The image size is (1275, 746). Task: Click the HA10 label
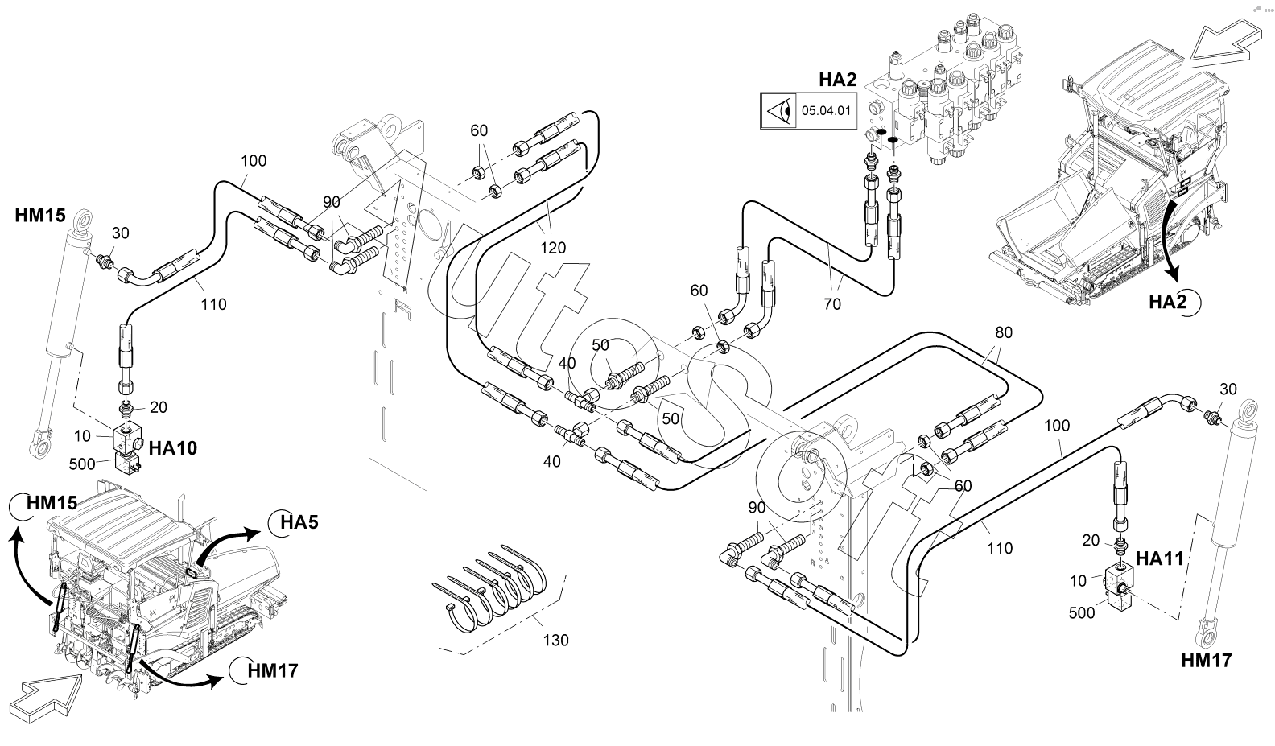point(173,447)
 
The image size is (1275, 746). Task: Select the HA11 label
point(1159,558)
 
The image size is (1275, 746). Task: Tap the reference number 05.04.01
point(826,111)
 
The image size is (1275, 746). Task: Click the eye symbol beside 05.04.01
point(777,111)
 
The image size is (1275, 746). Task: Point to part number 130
point(555,640)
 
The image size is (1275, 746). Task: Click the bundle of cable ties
point(491,587)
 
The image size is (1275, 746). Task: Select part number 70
point(832,303)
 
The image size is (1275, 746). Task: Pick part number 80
point(1004,332)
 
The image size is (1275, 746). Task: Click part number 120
point(554,247)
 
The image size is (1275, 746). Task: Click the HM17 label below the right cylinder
point(1206,661)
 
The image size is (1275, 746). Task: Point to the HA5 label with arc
point(299,522)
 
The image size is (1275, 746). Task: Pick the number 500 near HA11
point(1082,612)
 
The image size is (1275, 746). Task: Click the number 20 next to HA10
point(158,407)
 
